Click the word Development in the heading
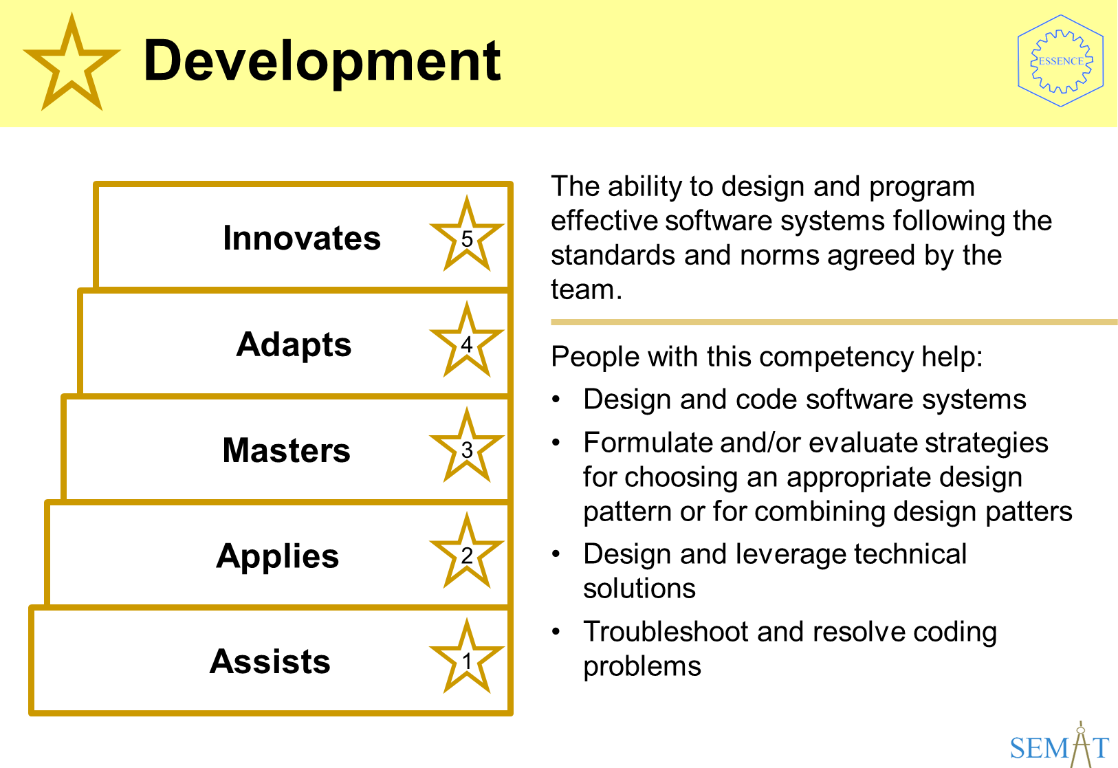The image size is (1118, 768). (x=322, y=62)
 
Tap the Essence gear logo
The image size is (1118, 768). (x=1061, y=61)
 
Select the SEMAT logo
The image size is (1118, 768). (x=1059, y=746)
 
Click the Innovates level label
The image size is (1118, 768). (x=301, y=238)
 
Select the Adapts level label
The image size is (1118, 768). (x=294, y=345)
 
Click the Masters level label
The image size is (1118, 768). (x=287, y=450)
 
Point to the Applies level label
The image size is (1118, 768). (x=278, y=557)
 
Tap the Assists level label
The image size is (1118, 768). (x=270, y=661)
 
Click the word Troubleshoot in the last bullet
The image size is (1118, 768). (x=666, y=631)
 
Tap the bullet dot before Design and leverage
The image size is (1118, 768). (x=556, y=554)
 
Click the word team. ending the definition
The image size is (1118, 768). (x=587, y=289)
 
